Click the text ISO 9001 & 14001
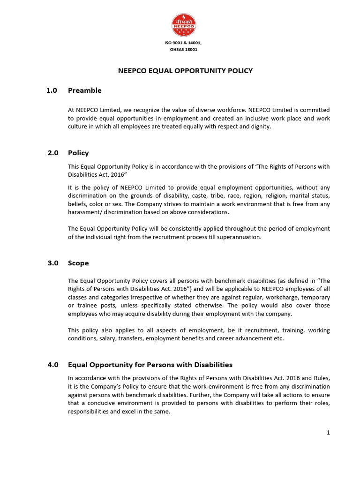(183, 43)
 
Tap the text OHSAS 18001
(183, 49)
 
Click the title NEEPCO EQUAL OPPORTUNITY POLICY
(184, 71)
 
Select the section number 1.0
(52, 90)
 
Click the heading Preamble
(84, 90)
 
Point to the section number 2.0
(53, 153)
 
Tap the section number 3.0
(53, 263)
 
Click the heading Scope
(78, 263)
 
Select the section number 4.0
(53, 365)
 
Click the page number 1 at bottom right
(328, 433)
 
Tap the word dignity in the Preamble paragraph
(261, 127)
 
